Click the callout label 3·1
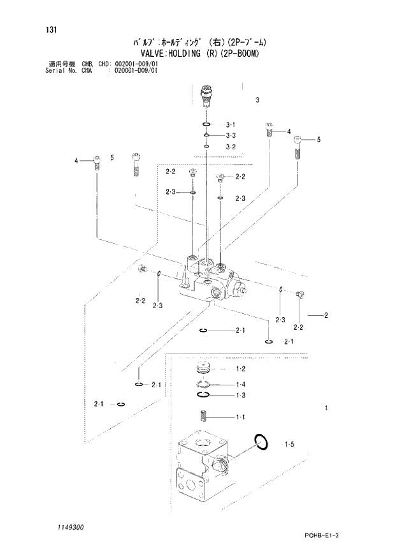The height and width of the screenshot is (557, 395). (x=231, y=124)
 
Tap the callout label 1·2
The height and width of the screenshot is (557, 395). (x=240, y=369)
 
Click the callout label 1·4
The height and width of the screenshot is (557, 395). (x=240, y=384)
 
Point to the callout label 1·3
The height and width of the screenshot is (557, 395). (x=240, y=396)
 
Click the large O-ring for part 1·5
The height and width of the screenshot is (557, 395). (x=261, y=440)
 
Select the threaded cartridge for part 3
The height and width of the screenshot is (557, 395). (x=206, y=96)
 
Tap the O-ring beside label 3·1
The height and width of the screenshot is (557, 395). (x=206, y=124)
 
